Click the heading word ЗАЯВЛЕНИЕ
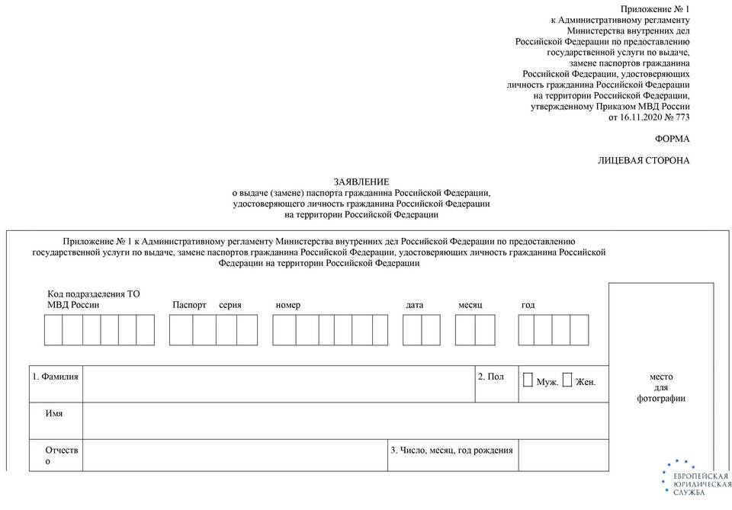361,181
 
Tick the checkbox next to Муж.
528,380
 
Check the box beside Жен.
567,380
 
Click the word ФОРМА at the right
672,139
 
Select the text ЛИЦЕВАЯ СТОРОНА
644,161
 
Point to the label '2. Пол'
490,377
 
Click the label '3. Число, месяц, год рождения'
451,450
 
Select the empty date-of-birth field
563,455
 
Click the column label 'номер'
288,305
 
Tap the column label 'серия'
230,305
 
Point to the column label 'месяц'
470,305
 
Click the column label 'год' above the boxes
528,305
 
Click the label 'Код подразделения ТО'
94,293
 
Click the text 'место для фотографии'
661,387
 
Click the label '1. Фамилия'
56,377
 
